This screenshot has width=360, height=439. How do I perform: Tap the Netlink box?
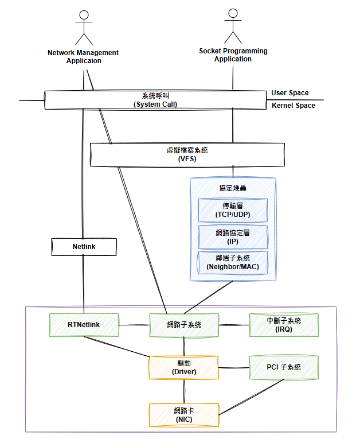[x=84, y=247]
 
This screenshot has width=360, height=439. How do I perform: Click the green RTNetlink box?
[x=84, y=325]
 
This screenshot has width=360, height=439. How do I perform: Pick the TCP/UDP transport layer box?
[x=233, y=210]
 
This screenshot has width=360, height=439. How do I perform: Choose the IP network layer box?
[x=233, y=236]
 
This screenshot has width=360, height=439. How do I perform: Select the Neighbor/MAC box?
[x=233, y=262]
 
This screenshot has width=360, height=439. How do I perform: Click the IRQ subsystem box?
[x=284, y=325]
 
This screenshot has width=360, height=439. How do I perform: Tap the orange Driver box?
[x=184, y=367]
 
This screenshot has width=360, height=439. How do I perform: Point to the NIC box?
[x=184, y=415]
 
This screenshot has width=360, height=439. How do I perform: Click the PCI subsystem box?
[x=284, y=367]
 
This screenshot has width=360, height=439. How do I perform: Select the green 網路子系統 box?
[x=183, y=325]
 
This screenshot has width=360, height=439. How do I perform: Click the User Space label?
[x=290, y=93]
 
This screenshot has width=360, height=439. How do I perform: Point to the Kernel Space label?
[x=294, y=106]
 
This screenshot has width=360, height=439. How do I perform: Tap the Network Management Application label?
[x=84, y=56]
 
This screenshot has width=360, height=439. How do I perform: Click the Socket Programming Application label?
[x=233, y=55]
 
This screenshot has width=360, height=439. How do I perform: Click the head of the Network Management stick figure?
[x=84, y=15]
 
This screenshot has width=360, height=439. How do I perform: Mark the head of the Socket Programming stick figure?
[x=233, y=13]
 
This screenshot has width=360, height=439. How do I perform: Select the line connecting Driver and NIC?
[x=184, y=391]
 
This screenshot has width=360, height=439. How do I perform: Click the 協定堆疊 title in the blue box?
[x=233, y=188]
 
